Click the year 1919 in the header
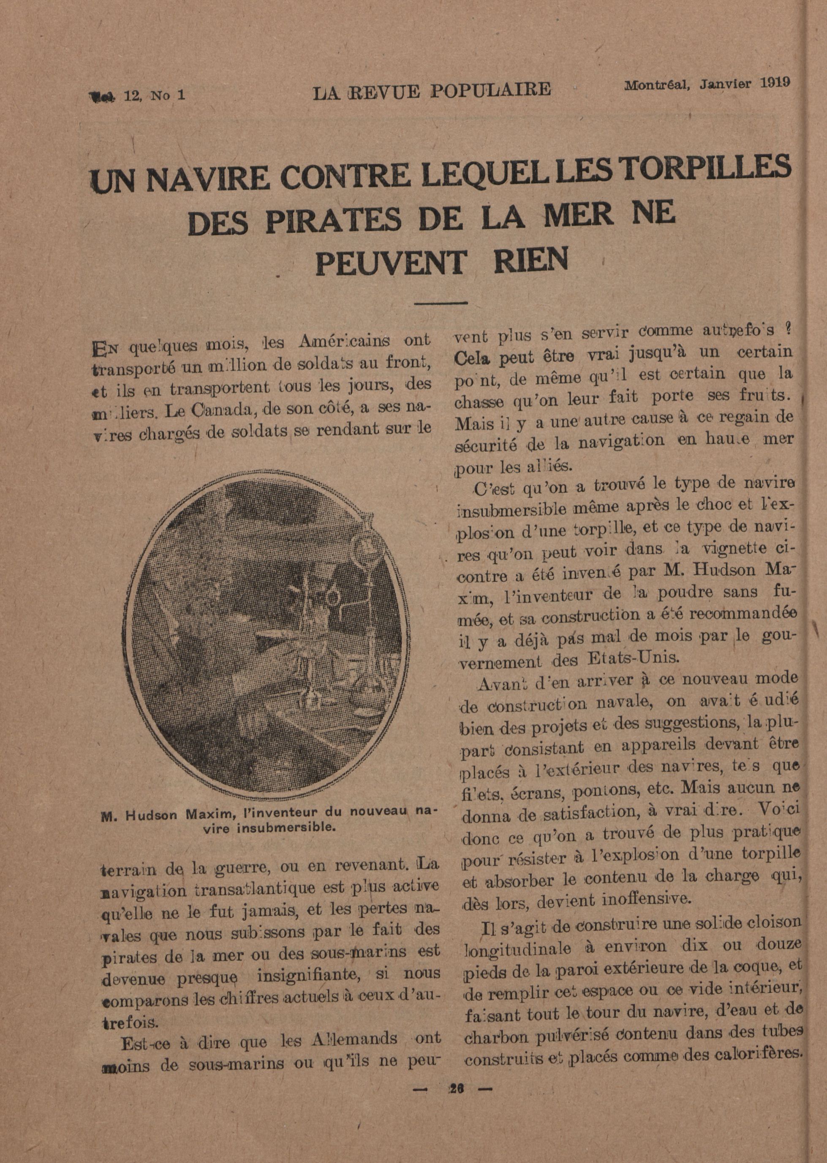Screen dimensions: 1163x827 pos(775,83)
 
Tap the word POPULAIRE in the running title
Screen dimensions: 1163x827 pos(490,90)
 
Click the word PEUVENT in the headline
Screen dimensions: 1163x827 pos(390,262)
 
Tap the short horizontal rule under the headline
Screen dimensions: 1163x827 pos(441,304)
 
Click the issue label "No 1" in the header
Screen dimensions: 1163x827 pos(168,95)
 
